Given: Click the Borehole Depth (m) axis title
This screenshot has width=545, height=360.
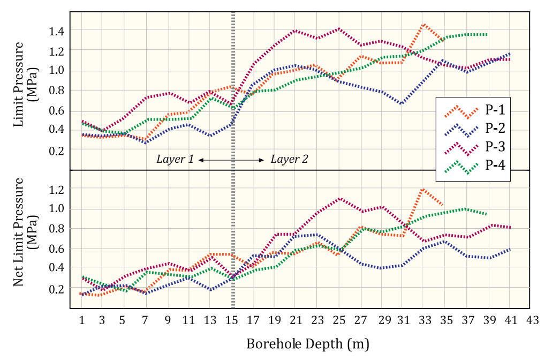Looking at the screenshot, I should click(x=308, y=343).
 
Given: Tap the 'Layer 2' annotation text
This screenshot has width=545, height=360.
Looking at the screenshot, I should click(x=289, y=159).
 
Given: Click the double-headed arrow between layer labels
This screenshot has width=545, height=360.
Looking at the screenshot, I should click(x=231, y=160).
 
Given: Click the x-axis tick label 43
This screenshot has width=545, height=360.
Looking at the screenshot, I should click(x=532, y=320).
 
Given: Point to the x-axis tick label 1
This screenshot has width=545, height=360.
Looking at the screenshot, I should click(x=82, y=320).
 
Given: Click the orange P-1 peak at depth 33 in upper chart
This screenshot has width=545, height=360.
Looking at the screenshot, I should click(x=423, y=24).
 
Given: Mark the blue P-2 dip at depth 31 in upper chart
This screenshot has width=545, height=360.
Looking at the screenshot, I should click(x=402, y=103).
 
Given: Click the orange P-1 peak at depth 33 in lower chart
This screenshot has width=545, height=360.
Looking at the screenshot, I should click(x=423, y=189).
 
